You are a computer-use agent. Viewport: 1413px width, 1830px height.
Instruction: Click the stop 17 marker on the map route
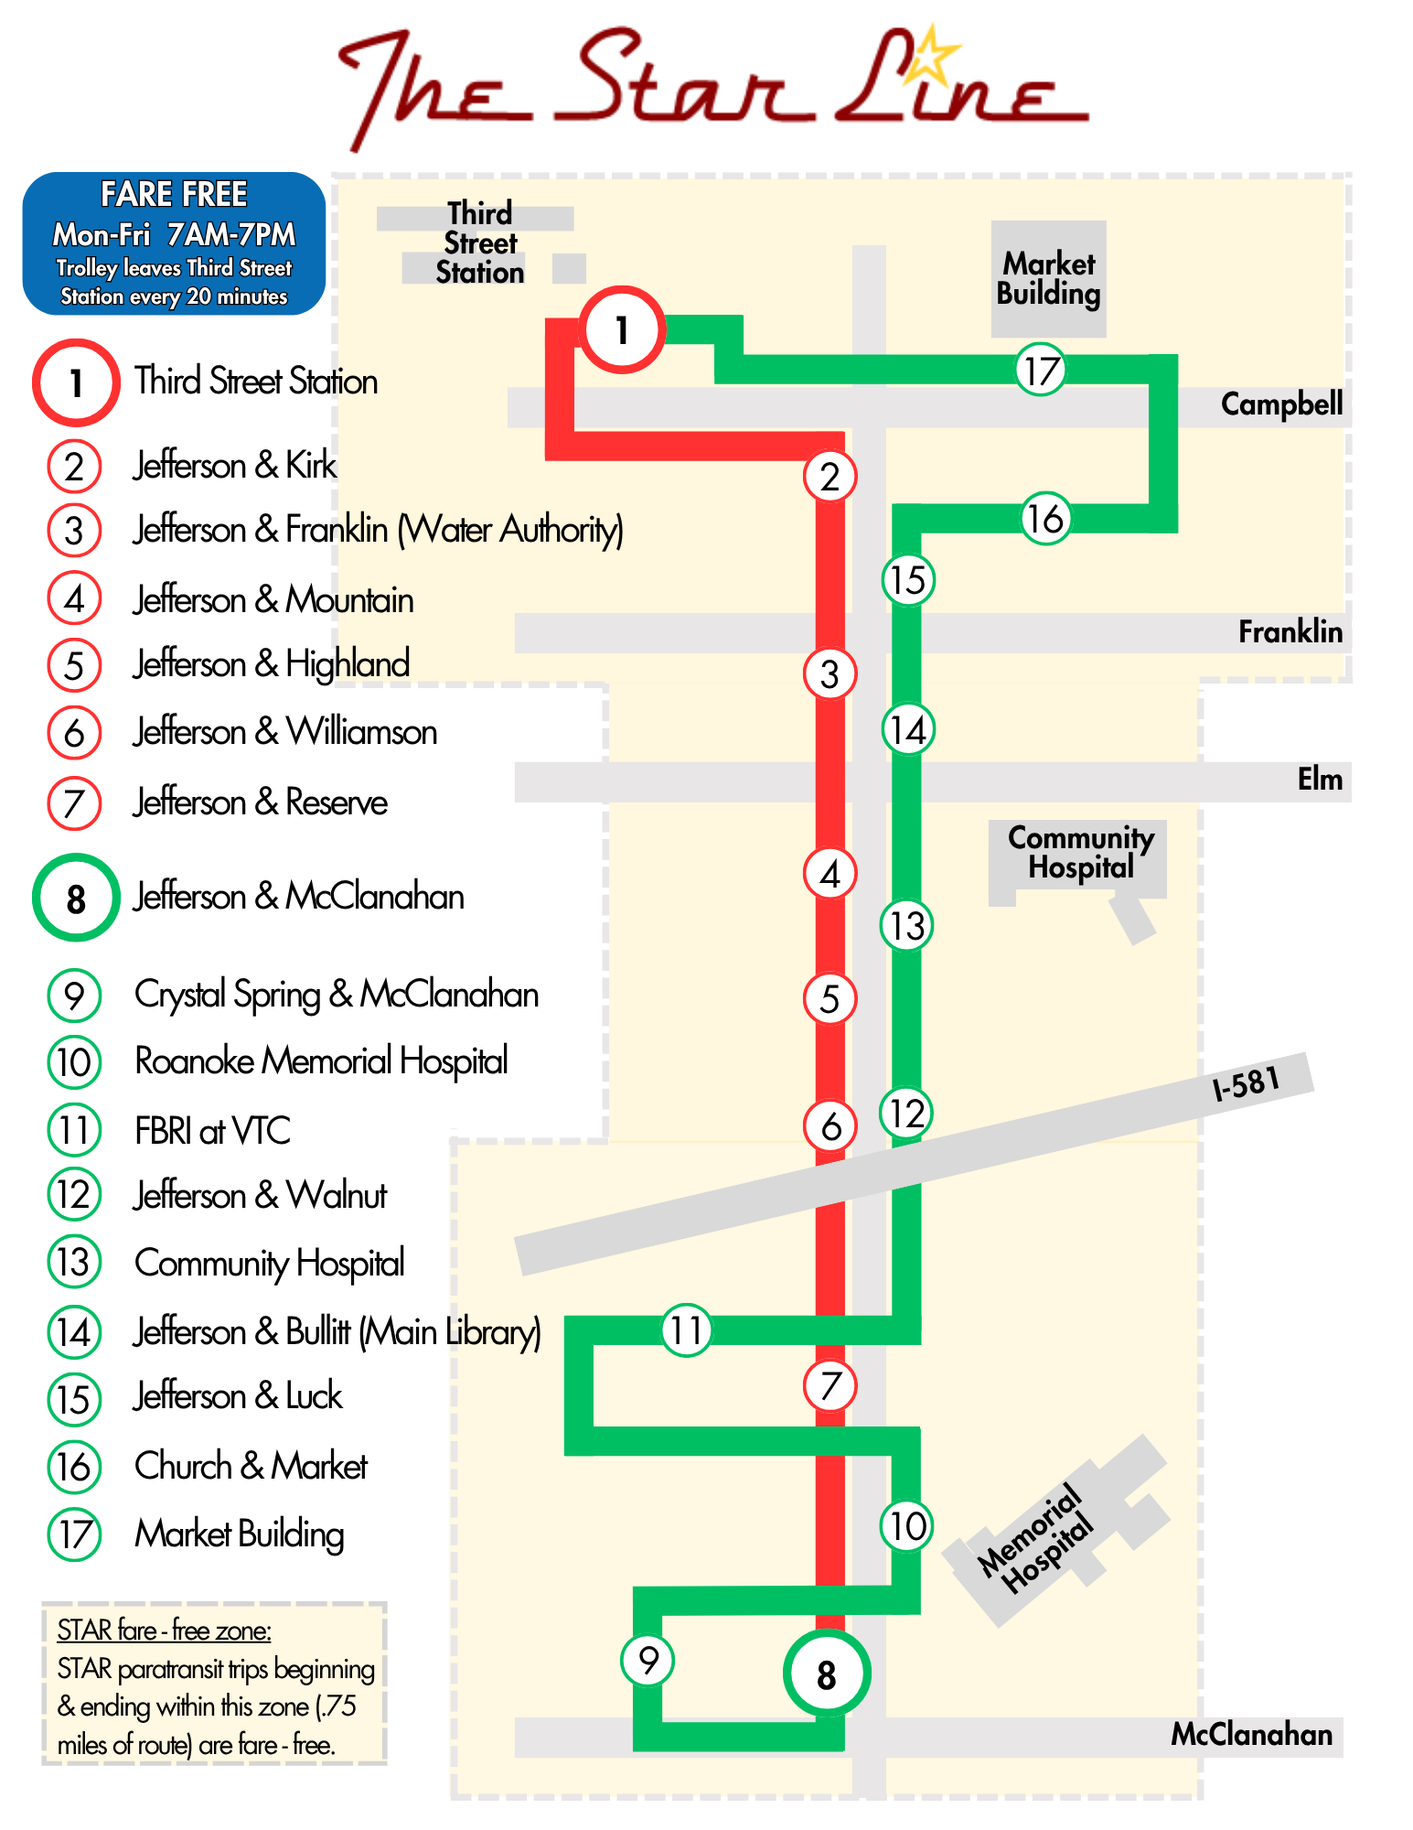1041,371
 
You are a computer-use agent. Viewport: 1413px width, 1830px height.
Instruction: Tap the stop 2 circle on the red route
830,477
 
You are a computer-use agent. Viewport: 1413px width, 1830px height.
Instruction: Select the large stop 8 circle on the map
827,1674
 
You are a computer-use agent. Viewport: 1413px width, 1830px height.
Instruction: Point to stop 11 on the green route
686,1330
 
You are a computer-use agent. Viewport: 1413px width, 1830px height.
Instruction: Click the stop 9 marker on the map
648,1660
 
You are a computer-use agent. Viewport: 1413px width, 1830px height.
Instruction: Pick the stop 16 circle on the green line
1045,519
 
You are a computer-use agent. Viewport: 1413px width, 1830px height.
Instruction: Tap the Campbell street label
1281,404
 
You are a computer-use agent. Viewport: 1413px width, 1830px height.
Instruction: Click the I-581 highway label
1246,1084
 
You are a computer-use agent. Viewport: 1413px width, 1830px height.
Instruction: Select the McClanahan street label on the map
1251,1734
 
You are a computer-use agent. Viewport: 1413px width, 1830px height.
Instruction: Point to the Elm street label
1320,780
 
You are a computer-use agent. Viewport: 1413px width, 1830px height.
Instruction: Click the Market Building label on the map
1049,278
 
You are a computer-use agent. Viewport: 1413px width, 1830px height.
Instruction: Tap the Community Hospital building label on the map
1081,851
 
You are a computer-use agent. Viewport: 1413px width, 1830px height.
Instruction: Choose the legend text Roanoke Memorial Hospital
321,1061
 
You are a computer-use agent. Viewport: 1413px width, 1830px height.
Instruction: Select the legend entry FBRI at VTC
212,1131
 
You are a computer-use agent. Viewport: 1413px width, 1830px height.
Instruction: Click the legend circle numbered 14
74,1332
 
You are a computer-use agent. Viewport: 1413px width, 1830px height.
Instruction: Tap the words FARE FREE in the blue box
174,194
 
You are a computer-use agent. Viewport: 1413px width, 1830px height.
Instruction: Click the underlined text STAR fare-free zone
164,1631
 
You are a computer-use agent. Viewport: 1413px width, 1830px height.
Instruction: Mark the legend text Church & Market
251,1466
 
